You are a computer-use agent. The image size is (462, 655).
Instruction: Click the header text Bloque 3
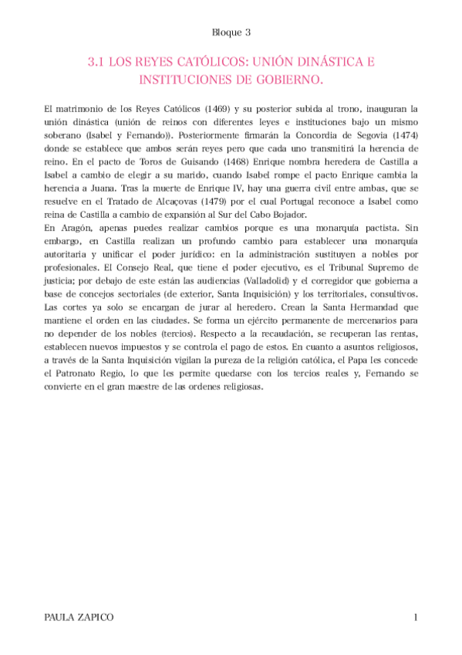[231, 32]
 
